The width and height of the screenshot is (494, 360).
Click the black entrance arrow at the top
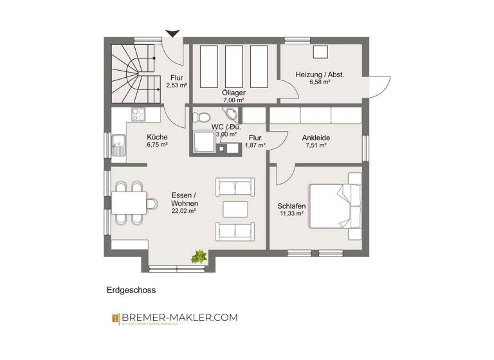pyautogui.click(x=172, y=33)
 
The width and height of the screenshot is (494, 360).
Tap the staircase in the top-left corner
pyautogui.click(x=133, y=73)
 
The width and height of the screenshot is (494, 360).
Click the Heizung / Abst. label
pyautogui.click(x=320, y=75)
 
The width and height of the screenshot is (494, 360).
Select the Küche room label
pyautogui.click(x=157, y=137)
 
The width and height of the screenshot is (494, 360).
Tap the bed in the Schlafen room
pyautogui.click(x=334, y=206)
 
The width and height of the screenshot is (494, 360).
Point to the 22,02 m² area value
pyautogui.click(x=183, y=210)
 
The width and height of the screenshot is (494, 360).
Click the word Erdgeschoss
pyautogui.click(x=131, y=290)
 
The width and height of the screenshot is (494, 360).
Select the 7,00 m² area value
pyautogui.click(x=233, y=100)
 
